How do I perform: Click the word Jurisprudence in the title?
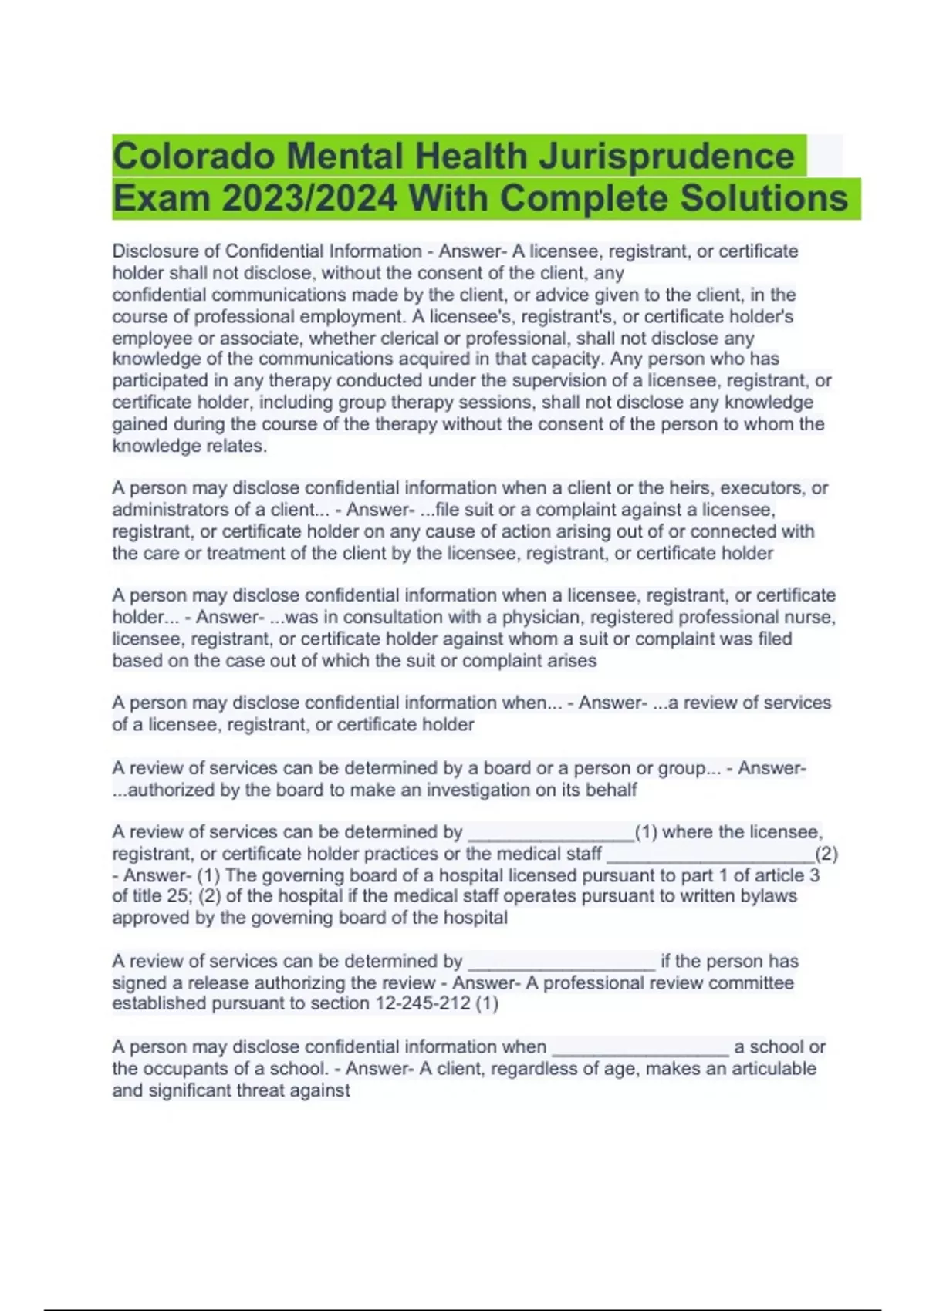coord(666,157)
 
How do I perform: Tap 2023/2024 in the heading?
coord(309,199)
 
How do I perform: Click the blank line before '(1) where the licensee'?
coord(551,834)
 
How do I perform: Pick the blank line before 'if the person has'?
coord(562,963)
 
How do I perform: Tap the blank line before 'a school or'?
coord(640,1049)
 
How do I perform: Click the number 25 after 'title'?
coord(176,896)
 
